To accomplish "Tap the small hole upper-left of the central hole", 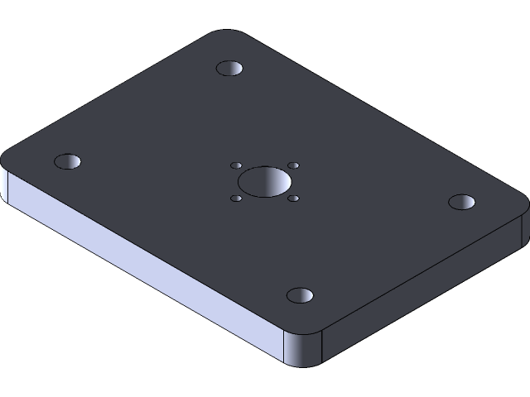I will coord(236,165).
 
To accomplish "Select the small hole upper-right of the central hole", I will coord(293,165).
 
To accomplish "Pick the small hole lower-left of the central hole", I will coord(236,198).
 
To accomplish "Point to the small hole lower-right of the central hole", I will coord(294,198).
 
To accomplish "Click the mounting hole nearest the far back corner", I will coord(229,68).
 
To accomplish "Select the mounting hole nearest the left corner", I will coord(67,161).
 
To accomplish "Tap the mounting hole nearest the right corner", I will coord(461,201).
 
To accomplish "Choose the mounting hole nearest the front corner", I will coord(300,295).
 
